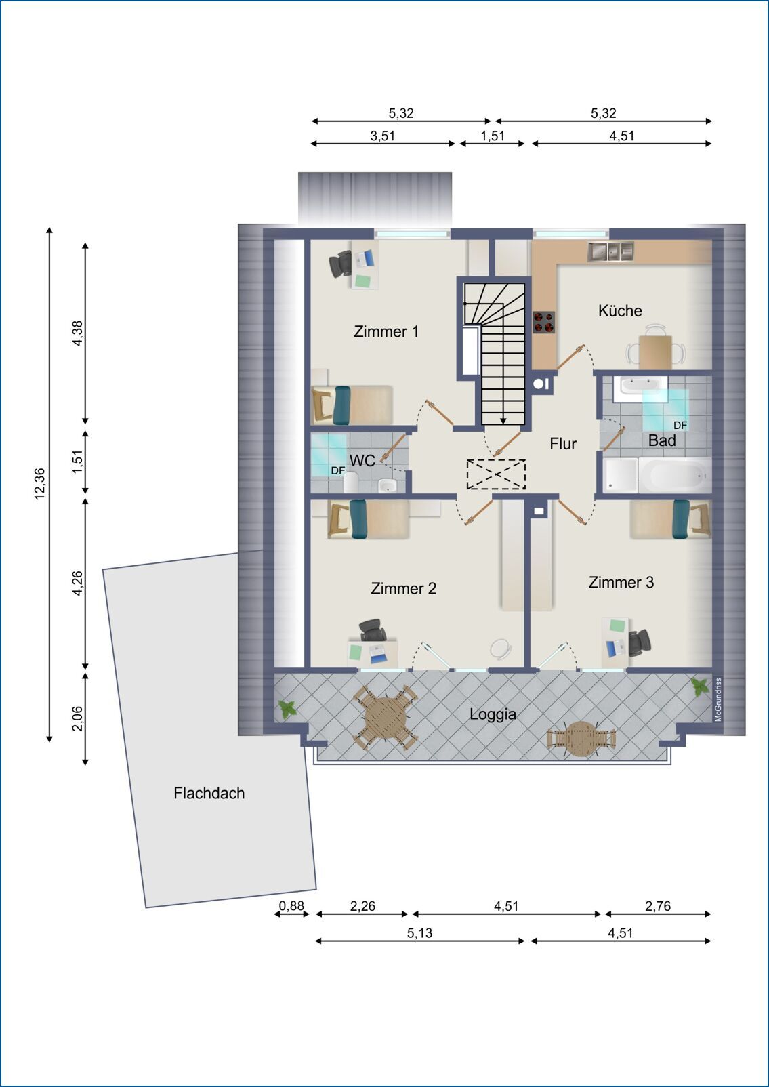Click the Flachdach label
pyautogui.click(x=209, y=793)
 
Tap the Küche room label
pyautogui.click(x=620, y=310)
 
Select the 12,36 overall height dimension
pyautogui.click(x=40, y=483)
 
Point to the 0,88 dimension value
pyautogui.click(x=291, y=905)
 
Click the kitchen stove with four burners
pyautogui.click(x=544, y=322)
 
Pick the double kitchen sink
pyautogui.click(x=611, y=251)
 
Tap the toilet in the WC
pyautogui.click(x=351, y=482)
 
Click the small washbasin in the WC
pyautogui.click(x=387, y=485)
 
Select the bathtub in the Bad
pyautogui.click(x=675, y=474)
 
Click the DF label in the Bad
pyautogui.click(x=680, y=425)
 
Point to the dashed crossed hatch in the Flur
pyautogui.click(x=496, y=474)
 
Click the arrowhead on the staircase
pyautogui.click(x=503, y=420)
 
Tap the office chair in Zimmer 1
pyautogui.click(x=341, y=264)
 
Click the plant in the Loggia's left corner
pyautogui.click(x=287, y=709)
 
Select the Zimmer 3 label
pyautogui.click(x=621, y=582)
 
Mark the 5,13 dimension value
pyautogui.click(x=419, y=932)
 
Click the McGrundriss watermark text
pyautogui.click(x=719, y=699)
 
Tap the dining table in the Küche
pyautogui.click(x=655, y=352)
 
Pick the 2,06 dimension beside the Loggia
pyautogui.click(x=77, y=718)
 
